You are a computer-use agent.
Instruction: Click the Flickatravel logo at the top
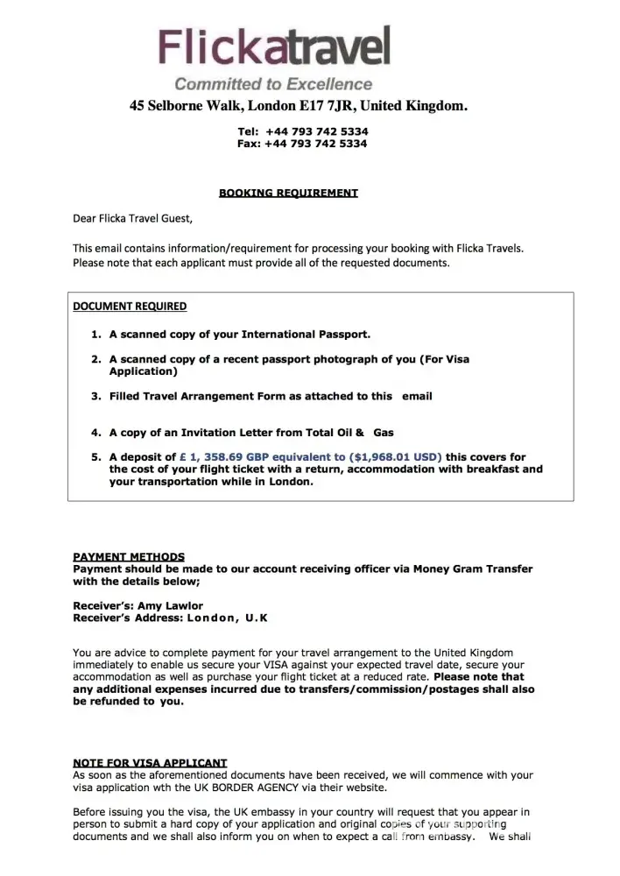273,48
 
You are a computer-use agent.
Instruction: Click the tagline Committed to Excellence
273,84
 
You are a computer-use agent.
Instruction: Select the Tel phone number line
302,131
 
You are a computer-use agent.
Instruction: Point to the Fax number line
302,144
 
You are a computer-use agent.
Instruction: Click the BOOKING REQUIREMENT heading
288,193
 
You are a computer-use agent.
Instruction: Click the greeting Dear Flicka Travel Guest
131,218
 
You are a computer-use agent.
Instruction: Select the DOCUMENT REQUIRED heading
130,307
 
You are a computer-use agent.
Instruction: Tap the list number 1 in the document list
96,335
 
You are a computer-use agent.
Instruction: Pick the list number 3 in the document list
96,396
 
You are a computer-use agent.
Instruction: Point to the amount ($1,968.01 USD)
395,456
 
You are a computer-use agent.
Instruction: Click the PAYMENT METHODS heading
129,556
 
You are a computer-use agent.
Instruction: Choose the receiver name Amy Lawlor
170,605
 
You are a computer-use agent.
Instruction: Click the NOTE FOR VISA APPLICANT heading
150,762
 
